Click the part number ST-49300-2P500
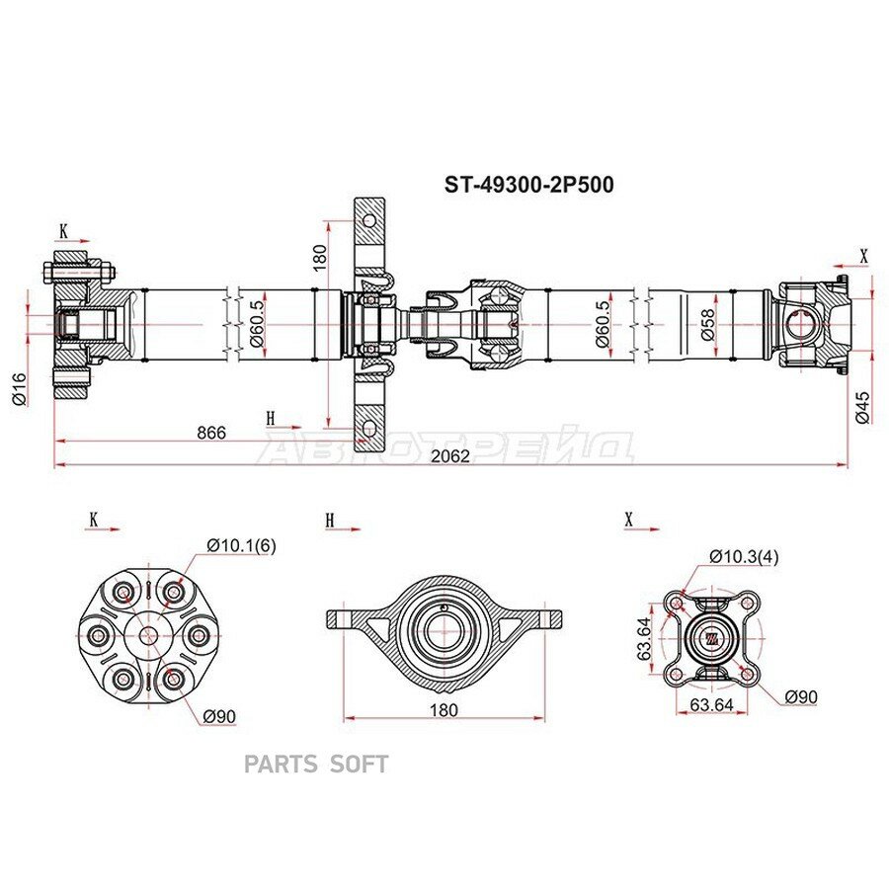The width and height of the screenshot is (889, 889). (x=528, y=185)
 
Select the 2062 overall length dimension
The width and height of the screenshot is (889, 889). (x=450, y=455)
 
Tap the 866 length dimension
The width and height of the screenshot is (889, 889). (x=211, y=433)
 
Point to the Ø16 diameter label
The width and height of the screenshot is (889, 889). (x=19, y=388)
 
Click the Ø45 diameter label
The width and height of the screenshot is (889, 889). (x=861, y=407)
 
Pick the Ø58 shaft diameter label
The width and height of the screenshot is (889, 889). (x=708, y=324)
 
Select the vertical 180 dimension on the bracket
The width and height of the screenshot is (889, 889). (x=320, y=258)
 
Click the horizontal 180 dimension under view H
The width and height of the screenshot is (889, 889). (x=444, y=710)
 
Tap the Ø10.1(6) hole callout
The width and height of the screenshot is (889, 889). (x=242, y=545)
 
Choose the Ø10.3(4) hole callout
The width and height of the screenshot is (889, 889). (x=744, y=557)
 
